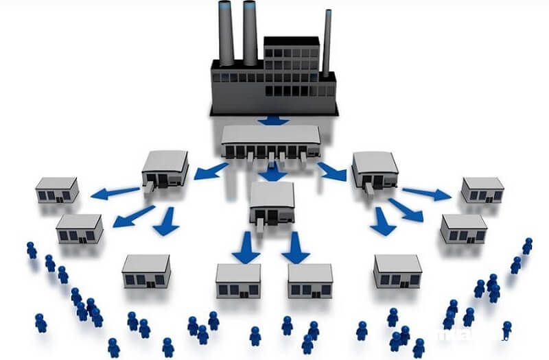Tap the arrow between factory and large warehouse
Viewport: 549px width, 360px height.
point(274,121)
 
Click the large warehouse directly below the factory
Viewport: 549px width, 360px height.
point(270,142)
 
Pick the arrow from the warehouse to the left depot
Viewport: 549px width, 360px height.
point(209,170)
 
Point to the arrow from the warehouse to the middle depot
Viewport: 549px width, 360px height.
point(273,171)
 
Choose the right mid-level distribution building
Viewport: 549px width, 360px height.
point(375,171)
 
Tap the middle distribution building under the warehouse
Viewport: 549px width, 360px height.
point(272,202)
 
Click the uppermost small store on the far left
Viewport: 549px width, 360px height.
point(56,190)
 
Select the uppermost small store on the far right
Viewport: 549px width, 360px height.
point(482,190)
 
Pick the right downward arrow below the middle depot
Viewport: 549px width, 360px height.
point(296,248)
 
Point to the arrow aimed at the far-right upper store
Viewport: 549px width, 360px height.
point(425,193)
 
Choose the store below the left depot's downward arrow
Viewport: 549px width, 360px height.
point(146,271)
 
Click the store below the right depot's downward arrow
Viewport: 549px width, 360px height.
point(397,271)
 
